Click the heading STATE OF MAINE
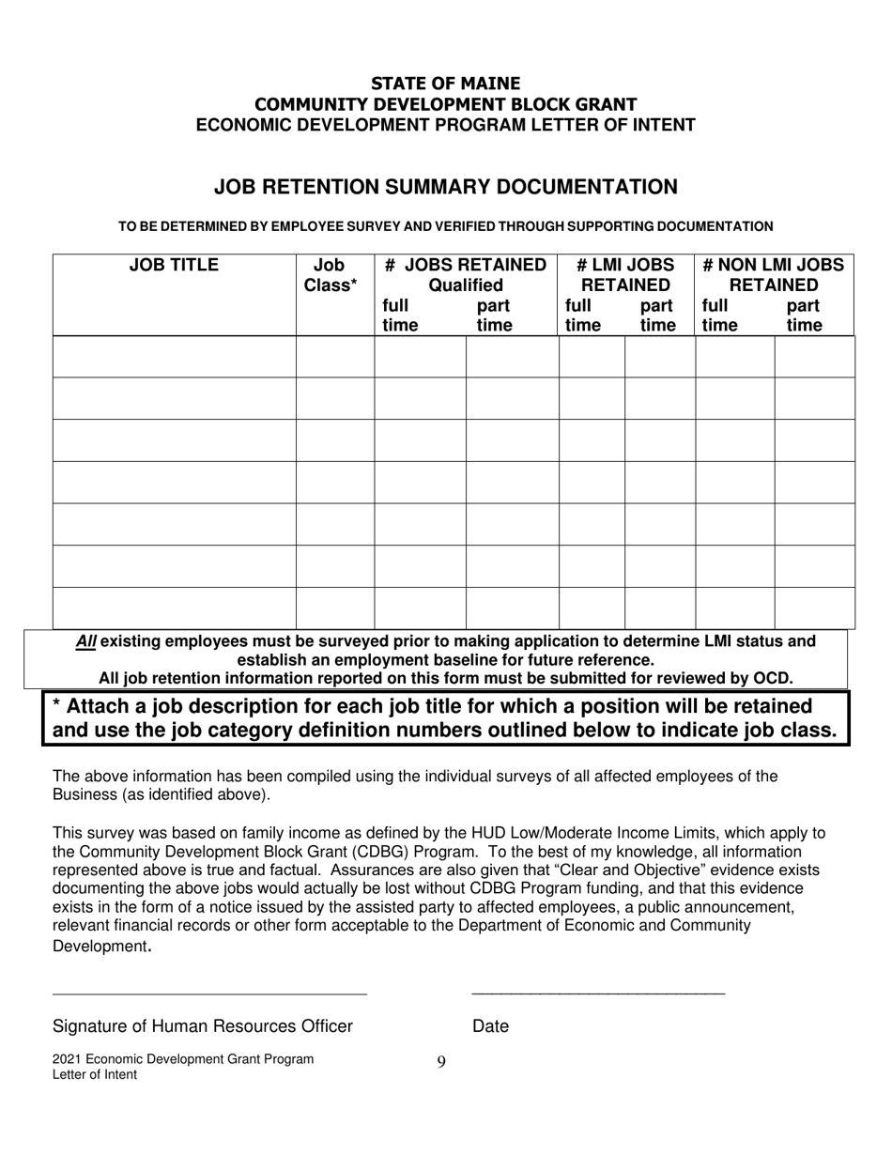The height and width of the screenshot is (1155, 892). pos(445,84)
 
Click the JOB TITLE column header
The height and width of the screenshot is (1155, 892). pos(174,266)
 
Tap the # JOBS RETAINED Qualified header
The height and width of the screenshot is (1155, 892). pos(466,275)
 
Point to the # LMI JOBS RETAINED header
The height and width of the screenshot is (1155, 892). pos(625,275)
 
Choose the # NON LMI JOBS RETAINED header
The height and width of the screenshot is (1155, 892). pos(775,275)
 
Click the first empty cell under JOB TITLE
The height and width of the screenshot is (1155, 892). pos(175,357)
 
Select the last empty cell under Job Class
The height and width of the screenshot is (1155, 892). pos(335,608)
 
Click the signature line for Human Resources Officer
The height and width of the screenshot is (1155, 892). pos(209,992)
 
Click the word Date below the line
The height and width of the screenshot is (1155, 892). pos(490,1026)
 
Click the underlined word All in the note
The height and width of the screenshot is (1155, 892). pos(86,641)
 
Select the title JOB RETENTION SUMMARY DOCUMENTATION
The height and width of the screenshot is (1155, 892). pos(445,187)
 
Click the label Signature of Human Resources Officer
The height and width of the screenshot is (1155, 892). pos(203,1026)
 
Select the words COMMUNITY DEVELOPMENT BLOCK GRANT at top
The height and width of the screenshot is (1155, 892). pos(445,104)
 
